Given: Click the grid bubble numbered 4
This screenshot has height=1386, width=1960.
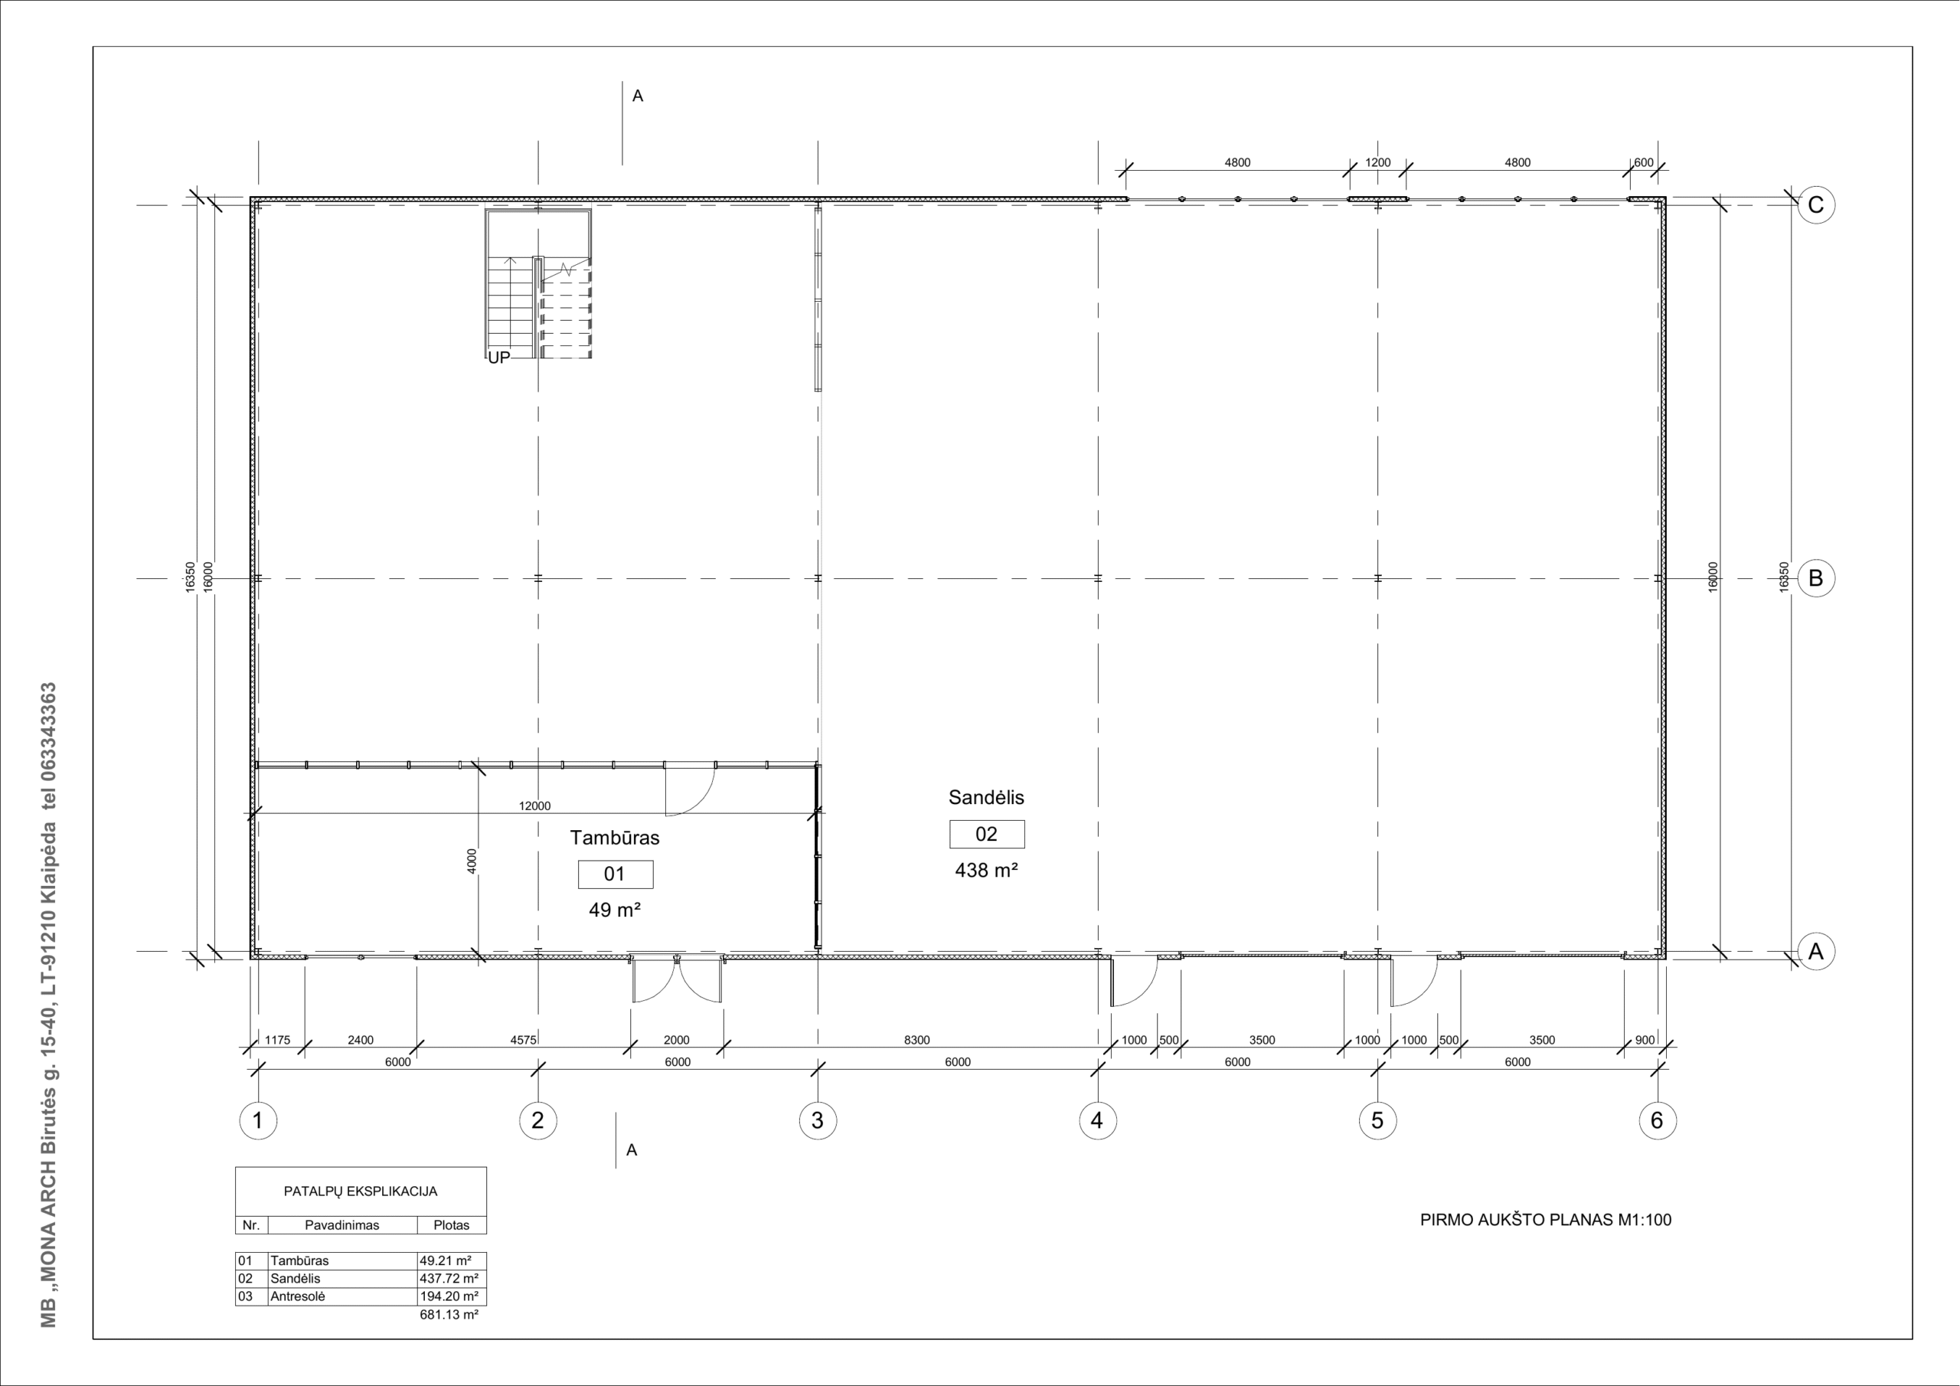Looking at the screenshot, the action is (x=1098, y=1120).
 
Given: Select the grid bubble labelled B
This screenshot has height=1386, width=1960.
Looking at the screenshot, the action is (x=1816, y=578).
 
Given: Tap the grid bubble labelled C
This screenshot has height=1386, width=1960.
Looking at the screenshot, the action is (x=1816, y=205).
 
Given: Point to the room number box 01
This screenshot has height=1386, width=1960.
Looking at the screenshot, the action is (x=616, y=874).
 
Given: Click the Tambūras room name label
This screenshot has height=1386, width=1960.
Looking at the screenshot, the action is (x=615, y=838).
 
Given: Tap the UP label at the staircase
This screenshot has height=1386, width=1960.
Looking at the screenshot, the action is (x=498, y=358).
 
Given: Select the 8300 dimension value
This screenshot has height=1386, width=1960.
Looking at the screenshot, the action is (x=916, y=1040).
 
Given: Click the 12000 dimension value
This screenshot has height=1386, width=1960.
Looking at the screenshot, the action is (x=535, y=806).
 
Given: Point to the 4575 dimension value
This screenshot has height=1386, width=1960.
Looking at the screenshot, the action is (x=523, y=1040).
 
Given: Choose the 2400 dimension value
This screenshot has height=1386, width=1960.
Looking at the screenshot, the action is (x=361, y=1040).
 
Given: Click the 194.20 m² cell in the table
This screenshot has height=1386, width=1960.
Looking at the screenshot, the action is (x=449, y=1296).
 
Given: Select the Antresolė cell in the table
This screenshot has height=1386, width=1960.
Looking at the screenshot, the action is (x=298, y=1296).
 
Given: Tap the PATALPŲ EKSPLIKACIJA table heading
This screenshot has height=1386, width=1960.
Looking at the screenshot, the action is (x=361, y=1192).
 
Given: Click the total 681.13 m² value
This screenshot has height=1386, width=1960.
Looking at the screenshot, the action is (x=449, y=1314).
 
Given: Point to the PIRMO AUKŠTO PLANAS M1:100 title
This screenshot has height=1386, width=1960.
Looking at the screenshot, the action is (x=1546, y=1221).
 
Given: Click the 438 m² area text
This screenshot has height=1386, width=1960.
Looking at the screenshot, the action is (x=986, y=870).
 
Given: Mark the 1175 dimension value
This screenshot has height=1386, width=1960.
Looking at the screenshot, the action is (x=277, y=1040).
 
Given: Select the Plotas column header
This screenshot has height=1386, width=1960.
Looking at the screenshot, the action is (x=452, y=1225).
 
